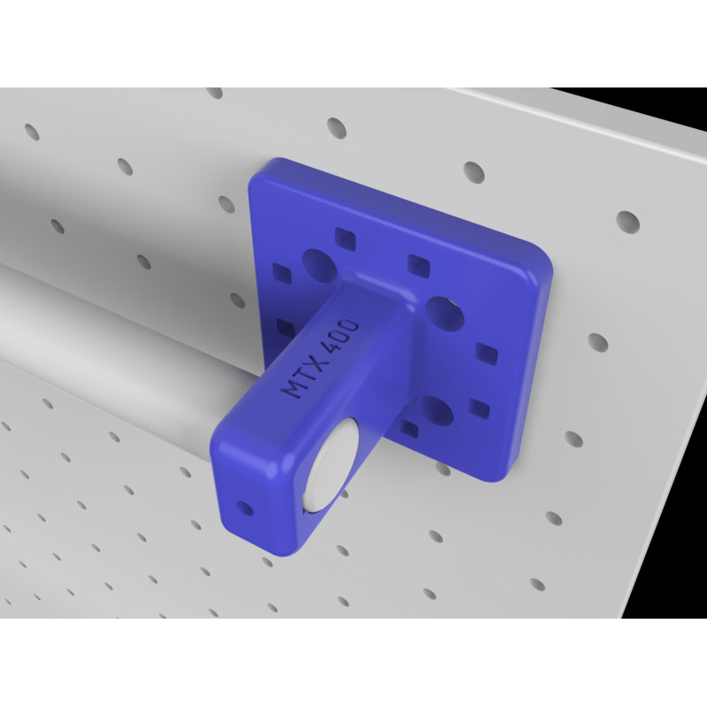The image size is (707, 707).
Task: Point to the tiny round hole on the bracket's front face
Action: click(x=245, y=508)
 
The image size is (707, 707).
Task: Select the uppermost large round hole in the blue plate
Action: click(x=319, y=266)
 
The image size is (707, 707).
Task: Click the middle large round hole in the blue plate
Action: click(x=445, y=314)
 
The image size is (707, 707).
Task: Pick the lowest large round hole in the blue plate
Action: click(x=437, y=411)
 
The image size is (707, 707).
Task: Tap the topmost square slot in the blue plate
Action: click(x=346, y=239)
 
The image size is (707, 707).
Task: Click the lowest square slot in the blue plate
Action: click(x=408, y=429)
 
